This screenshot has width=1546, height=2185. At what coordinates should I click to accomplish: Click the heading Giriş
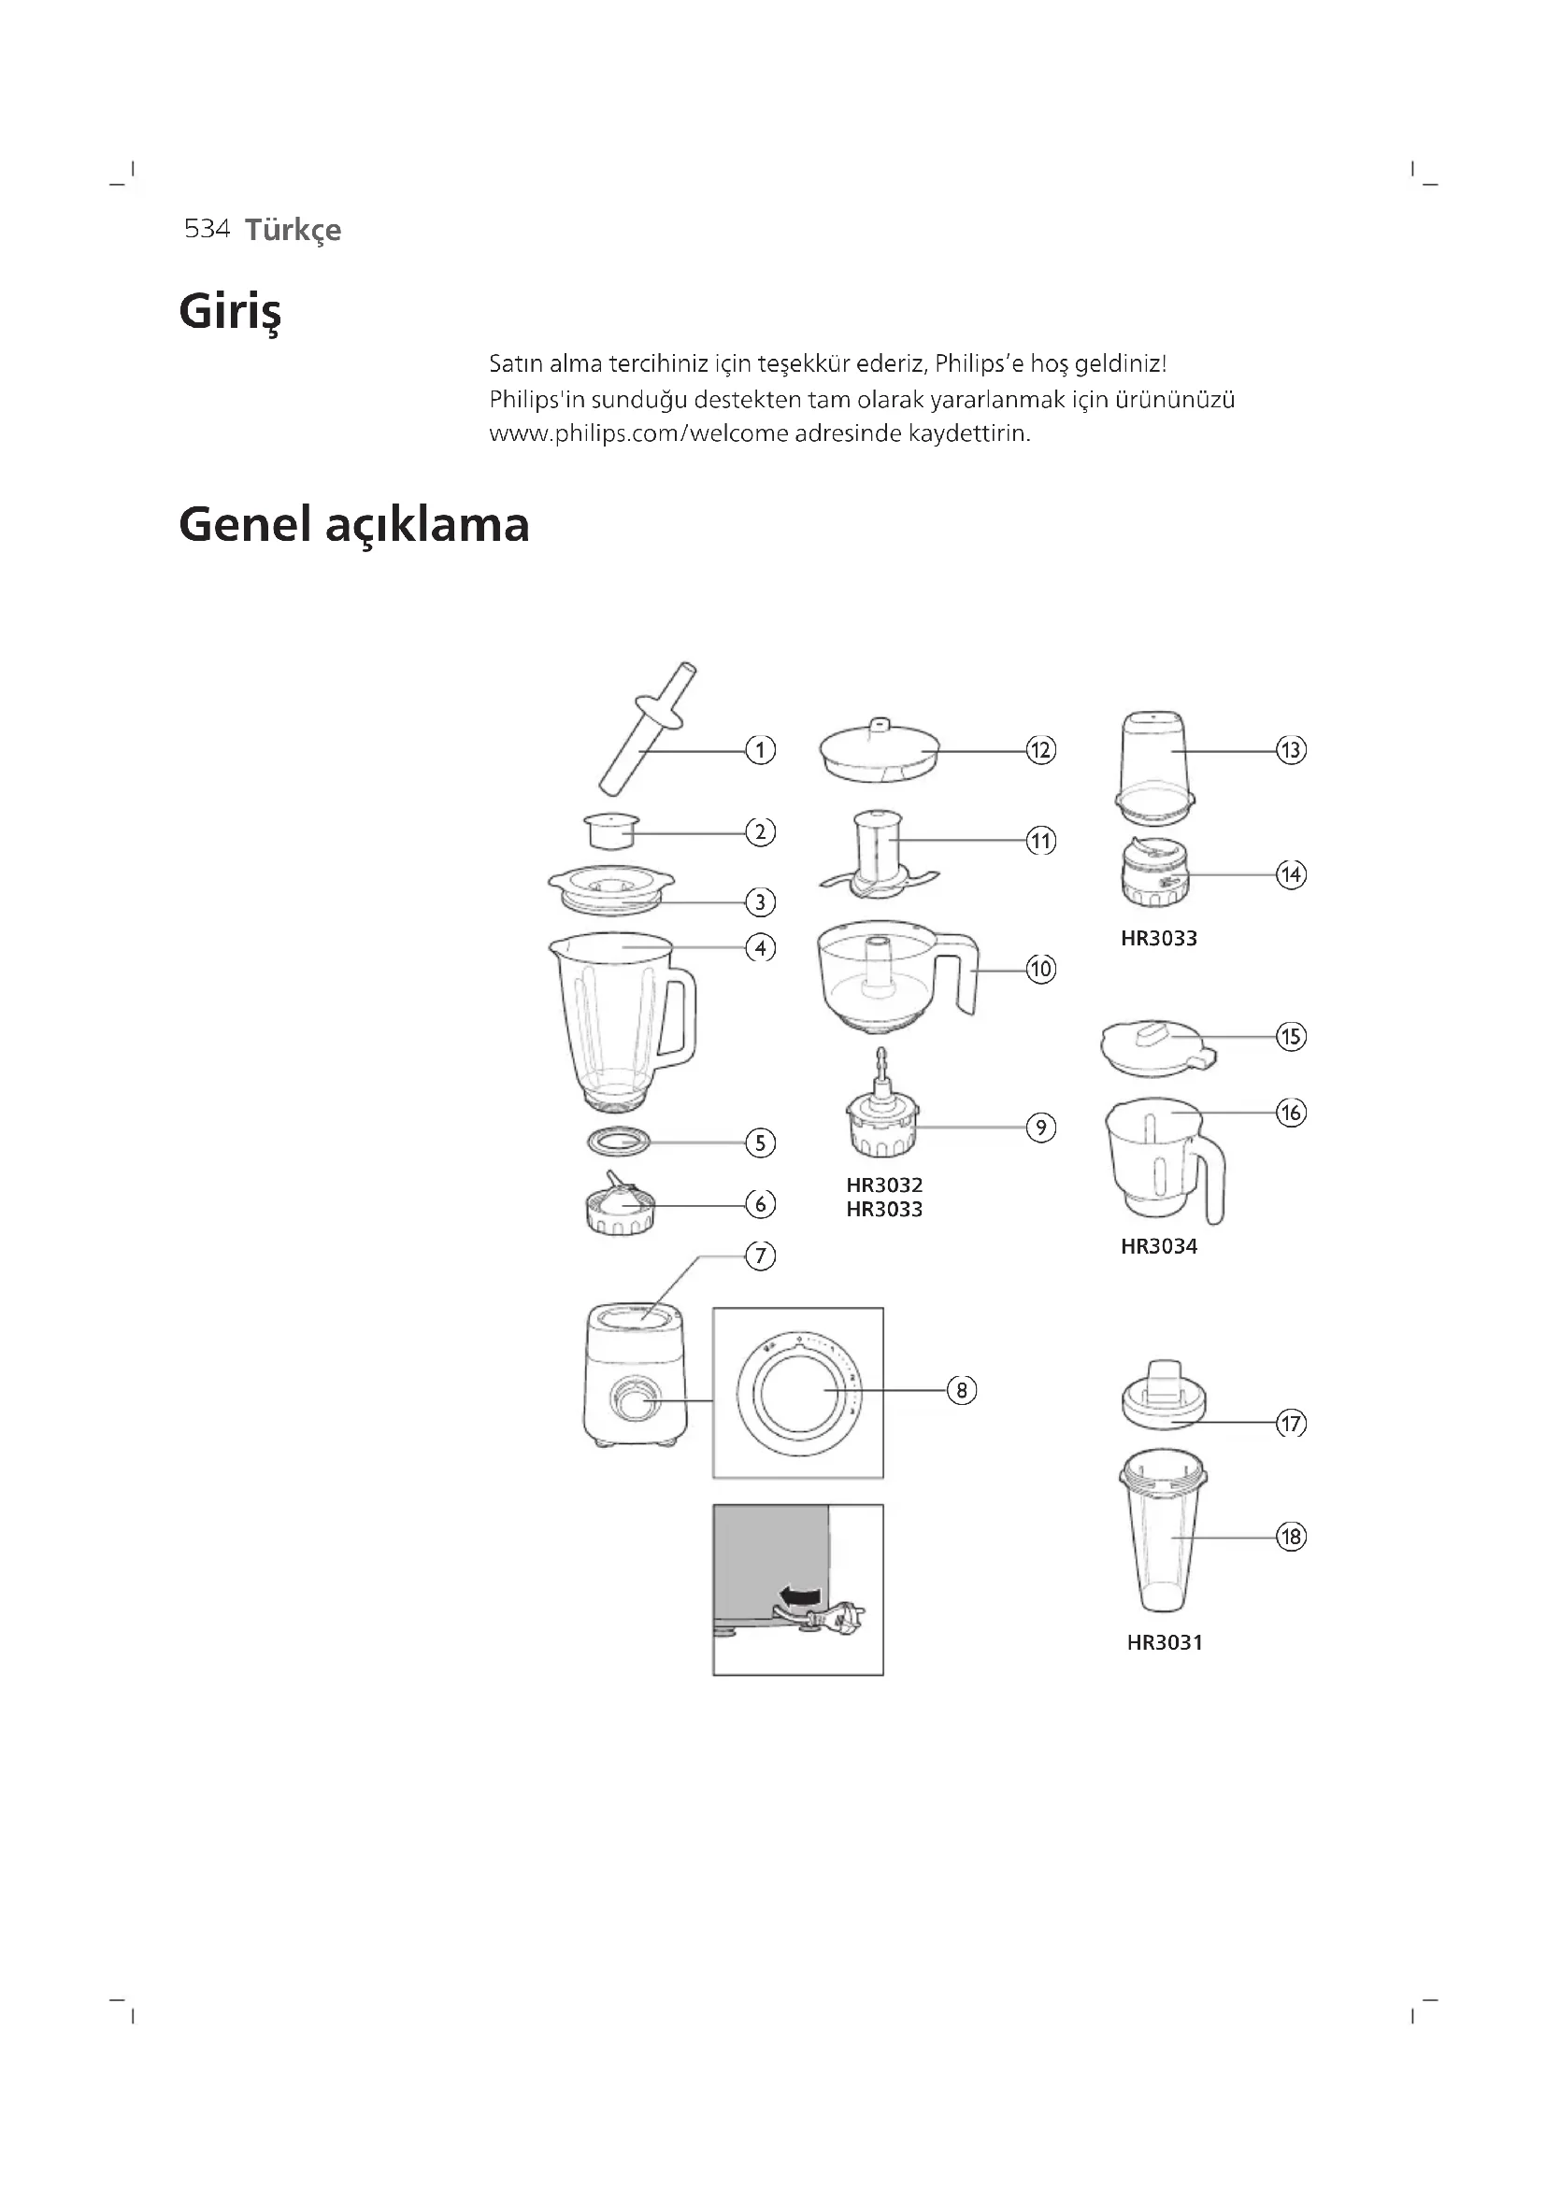coord(229,312)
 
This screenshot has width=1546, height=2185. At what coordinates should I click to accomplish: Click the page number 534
coord(207,230)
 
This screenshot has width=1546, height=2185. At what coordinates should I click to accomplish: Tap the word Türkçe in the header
coord(293,231)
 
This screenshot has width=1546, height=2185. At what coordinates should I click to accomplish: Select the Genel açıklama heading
coord(353,525)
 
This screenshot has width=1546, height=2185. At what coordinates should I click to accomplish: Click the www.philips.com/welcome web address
coord(638,434)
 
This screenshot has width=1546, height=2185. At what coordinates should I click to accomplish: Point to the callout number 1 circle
coord(760,750)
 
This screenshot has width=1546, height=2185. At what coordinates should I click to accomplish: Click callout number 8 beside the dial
coord(962,1390)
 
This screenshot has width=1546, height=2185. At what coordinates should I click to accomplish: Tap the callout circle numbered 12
coord(1040,750)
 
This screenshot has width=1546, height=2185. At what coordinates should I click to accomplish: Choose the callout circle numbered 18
coord(1291,1537)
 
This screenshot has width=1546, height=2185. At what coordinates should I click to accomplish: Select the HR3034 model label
coord(1158,1247)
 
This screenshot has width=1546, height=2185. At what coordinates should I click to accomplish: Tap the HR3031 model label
coord(1165,1642)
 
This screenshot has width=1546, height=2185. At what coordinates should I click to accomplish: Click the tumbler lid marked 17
coord(1165,1395)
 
